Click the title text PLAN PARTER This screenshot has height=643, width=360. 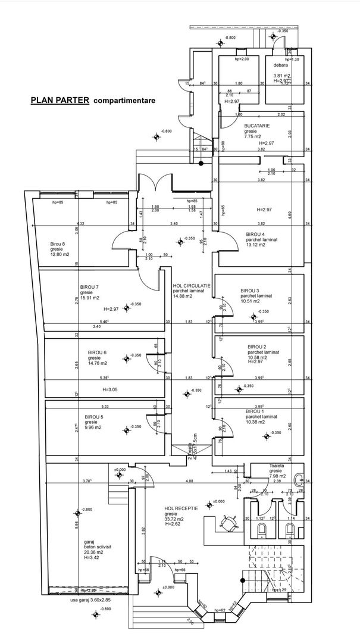(60, 101)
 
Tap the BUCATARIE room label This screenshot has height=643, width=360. (257, 126)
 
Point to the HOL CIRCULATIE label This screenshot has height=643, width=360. (192, 286)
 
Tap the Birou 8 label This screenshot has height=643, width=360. (58, 245)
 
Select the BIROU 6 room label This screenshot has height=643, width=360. (97, 352)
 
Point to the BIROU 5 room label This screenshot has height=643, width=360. (94, 417)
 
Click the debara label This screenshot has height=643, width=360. (281, 65)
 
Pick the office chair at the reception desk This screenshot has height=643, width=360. (227, 522)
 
